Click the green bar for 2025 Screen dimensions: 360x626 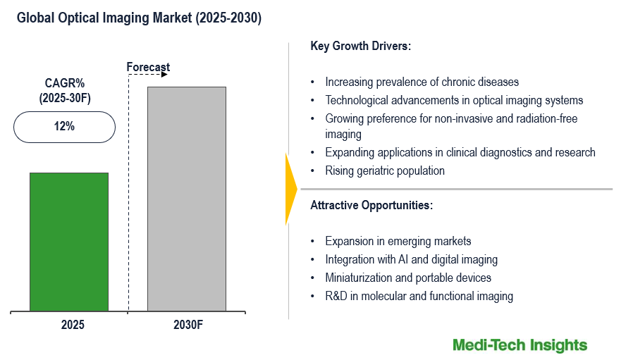69,241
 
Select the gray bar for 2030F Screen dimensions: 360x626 187,198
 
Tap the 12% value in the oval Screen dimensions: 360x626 64,127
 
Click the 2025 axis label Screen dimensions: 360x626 69,326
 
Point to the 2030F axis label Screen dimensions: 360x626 187,326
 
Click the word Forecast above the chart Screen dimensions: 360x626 148,68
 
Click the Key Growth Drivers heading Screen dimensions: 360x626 360,46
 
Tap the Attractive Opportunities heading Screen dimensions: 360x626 372,206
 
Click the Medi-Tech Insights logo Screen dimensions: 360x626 520,345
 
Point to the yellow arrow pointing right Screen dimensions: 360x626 291,189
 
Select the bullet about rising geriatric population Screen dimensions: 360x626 384,170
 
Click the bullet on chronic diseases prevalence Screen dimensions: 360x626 422,82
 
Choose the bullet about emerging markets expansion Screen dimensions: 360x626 398,241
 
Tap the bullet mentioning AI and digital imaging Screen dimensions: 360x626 411,259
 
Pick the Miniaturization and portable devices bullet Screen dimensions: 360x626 408,278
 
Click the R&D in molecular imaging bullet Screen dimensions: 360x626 419,296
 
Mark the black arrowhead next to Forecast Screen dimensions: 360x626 164,73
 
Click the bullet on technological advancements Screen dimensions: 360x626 454,100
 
